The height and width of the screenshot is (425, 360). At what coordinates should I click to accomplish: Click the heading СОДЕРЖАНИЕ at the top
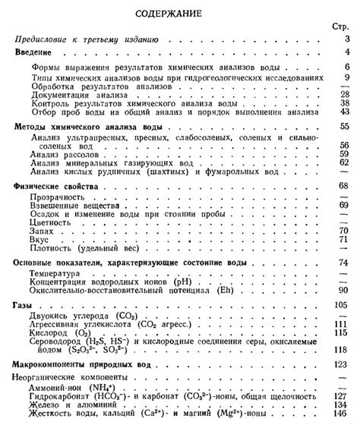(x=180, y=13)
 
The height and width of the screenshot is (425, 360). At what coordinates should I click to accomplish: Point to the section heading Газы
(x=24, y=304)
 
